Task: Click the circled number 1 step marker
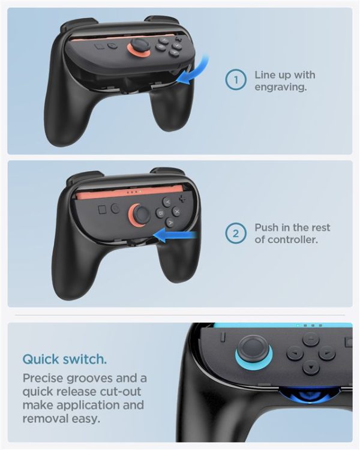(x=236, y=80)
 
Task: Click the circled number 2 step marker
(x=236, y=234)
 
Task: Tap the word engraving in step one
(x=280, y=87)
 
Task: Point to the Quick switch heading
(x=65, y=359)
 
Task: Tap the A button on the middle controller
(x=170, y=222)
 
